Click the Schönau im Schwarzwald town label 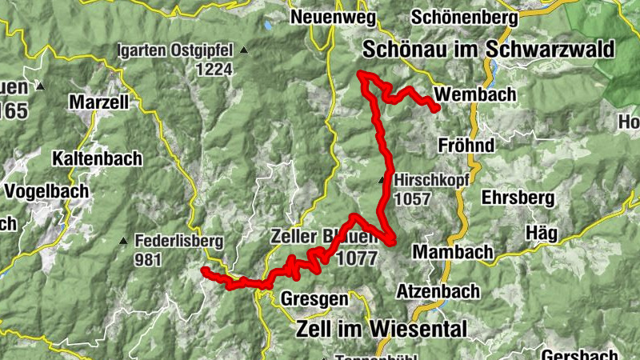point(488,50)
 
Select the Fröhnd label point(466,146)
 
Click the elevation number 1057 point(412,199)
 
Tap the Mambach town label point(452,252)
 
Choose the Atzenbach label point(438,291)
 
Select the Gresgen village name point(314,299)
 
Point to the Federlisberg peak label point(179,241)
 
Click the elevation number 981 point(149,259)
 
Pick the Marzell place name point(98,102)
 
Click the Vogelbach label point(43,191)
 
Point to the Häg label point(542,232)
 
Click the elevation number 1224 point(217,70)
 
